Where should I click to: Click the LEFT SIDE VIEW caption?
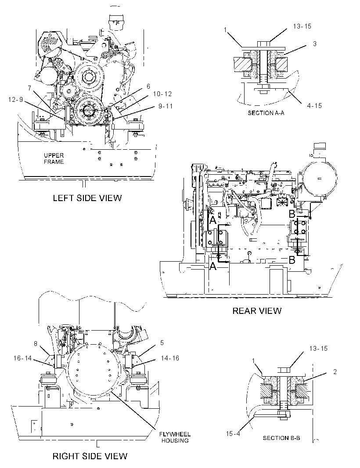87,198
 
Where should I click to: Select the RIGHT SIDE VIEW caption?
90,456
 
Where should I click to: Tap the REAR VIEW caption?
257,311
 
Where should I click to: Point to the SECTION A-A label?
266,113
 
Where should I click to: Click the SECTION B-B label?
281,438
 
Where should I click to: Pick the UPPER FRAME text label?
54,158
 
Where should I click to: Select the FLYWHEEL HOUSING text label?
175,437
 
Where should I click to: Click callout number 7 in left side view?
29,88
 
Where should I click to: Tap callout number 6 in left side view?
148,86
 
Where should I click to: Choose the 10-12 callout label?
162,94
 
